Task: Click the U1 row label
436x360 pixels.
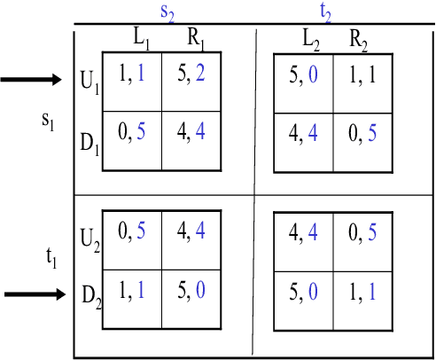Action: (90, 84)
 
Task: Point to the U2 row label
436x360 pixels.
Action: (90, 239)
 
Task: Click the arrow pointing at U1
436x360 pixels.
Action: (34, 82)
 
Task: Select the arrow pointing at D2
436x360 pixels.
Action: (34, 294)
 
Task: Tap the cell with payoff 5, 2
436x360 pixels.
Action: (191, 81)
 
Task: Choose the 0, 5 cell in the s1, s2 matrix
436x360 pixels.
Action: (132, 138)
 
